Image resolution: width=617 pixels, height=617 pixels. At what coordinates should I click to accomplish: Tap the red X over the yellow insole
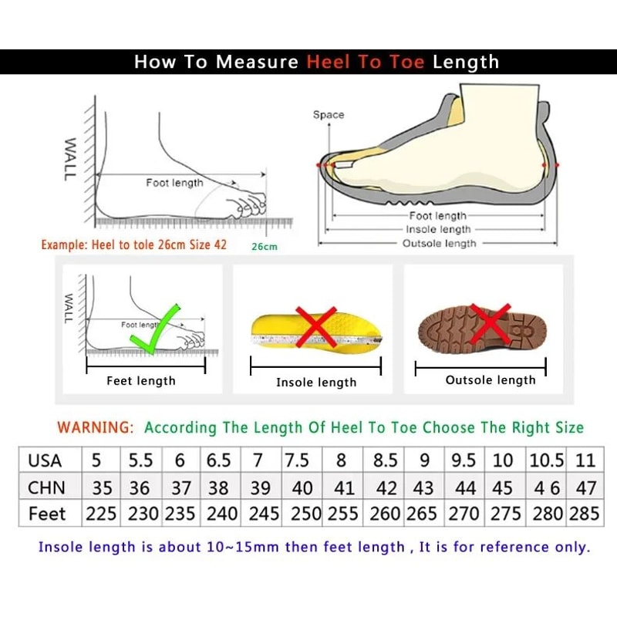(x=317, y=327)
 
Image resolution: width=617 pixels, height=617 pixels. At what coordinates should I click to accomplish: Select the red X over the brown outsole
(x=491, y=323)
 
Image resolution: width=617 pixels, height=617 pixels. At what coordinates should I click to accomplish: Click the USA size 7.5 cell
(x=298, y=460)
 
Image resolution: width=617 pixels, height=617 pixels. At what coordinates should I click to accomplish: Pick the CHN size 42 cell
(x=386, y=487)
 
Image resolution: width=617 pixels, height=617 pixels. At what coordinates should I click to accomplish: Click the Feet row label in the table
(x=47, y=514)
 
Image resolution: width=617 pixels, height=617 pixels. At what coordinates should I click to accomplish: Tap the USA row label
(x=45, y=460)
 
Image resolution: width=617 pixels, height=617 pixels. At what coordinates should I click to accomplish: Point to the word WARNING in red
(x=95, y=427)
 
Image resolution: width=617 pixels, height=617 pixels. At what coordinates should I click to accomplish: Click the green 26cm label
(x=264, y=247)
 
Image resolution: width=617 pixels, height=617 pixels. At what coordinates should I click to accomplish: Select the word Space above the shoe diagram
(x=329, y=115)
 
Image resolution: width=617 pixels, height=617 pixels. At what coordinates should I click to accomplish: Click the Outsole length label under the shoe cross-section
(x=440, y=244)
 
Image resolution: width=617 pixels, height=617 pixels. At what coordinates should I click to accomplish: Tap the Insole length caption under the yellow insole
(x=316, y=382)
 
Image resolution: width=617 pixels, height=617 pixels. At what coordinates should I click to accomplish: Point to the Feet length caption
(x=141, y=380)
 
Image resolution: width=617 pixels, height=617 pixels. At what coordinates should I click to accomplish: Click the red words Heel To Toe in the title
(x=366, y=62)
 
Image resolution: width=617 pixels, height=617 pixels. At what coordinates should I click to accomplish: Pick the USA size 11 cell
(x=585, y=460)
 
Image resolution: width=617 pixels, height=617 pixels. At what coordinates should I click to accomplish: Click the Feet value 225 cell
(x=101, y=514)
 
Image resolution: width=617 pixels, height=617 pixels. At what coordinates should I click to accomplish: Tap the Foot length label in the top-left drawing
(x=174, y=183)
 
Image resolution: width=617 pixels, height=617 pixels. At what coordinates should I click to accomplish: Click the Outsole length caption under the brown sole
(x=491, y=379)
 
